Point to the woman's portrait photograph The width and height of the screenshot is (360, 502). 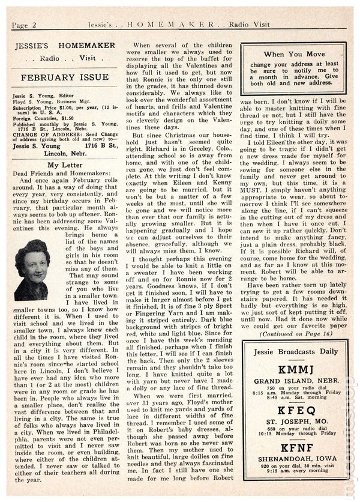[x=32, y=270]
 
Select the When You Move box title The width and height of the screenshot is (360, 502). [x=293, y=54]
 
